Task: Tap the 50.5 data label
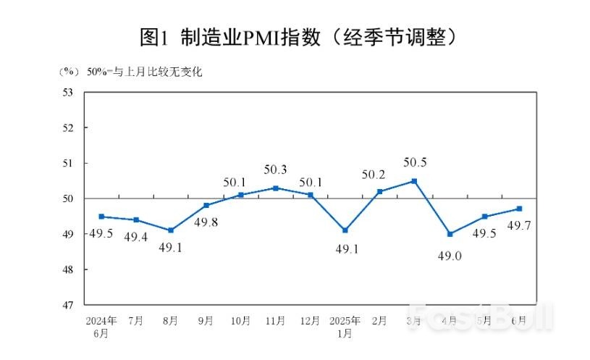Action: [x=415, y=163]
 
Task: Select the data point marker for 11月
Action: [x=276, y=188]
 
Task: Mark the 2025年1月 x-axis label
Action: [x=345, y=327]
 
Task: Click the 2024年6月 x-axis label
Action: [x=101, y=327]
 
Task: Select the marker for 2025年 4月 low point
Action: [x=450, y=234]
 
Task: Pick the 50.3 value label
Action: [x=276, y=169]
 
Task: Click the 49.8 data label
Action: [x=206, y=222]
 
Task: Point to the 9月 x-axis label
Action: [x=206, y=320]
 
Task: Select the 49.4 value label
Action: [x=136, y=237]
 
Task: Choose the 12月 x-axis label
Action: [x=311, y=320]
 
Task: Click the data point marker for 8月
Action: [x=171, y=230]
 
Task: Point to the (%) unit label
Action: [x=68, y=71]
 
